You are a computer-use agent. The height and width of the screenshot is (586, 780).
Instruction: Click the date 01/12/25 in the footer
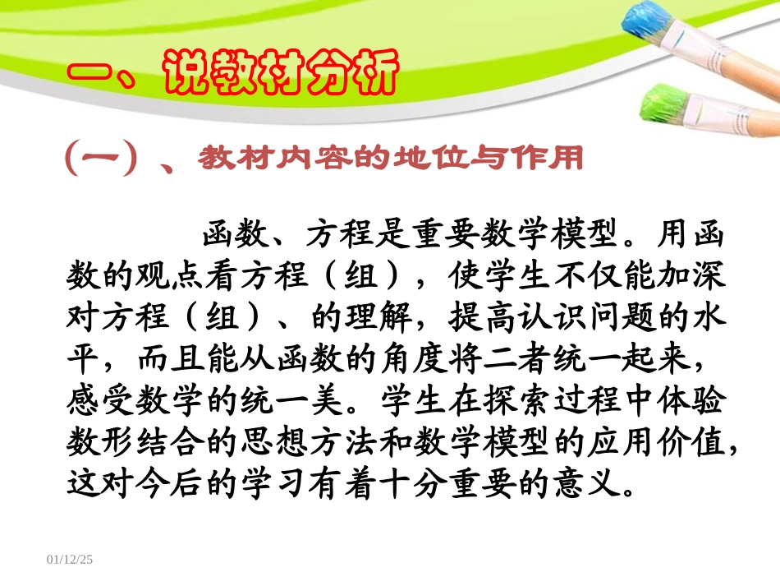[71, 560]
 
